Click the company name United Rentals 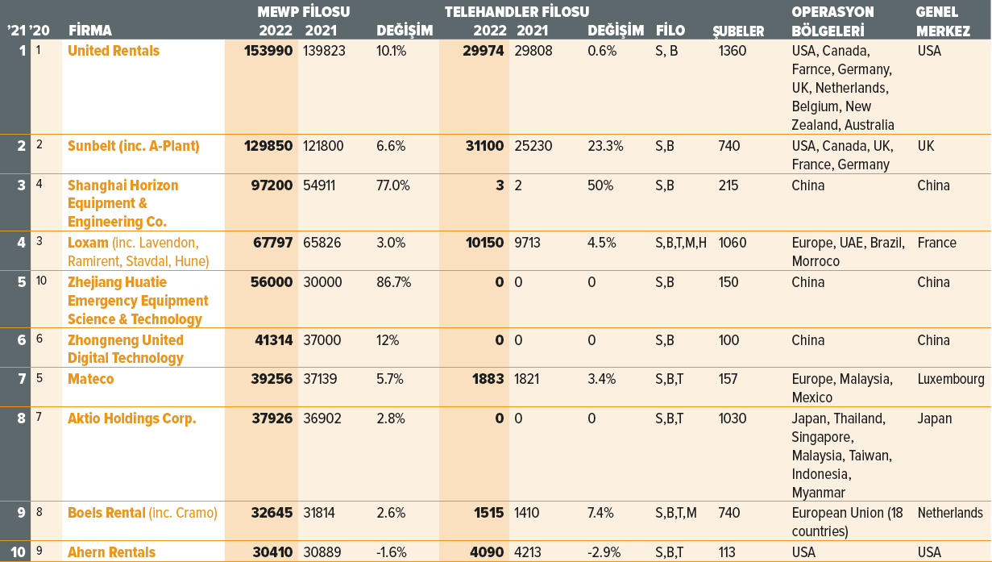114,51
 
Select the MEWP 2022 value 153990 268,51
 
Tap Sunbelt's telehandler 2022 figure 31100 484,147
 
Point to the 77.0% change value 393,185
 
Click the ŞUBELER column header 738,31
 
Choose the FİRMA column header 90,31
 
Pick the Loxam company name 88,243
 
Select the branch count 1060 733,243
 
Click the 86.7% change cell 393,282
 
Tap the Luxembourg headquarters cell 950,379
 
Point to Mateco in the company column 91,379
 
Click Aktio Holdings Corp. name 131,418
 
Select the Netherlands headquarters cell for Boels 950,513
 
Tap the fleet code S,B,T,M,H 681,243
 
